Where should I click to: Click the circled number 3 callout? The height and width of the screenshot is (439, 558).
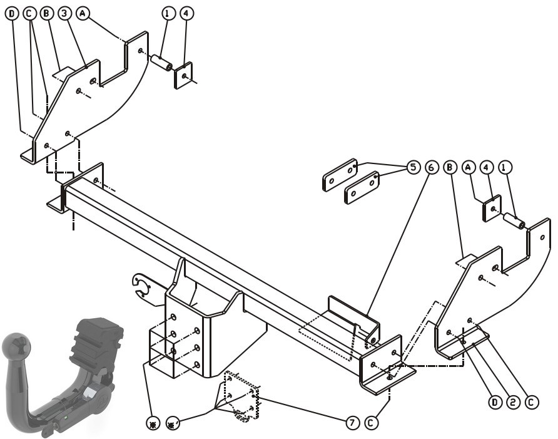point(64,14)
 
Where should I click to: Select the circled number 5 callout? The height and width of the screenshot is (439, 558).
point(413,167)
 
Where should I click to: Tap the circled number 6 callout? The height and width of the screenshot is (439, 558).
point(431,167)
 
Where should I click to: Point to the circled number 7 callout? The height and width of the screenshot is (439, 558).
point(352,423)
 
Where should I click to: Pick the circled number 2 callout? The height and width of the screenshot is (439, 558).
point(513,403)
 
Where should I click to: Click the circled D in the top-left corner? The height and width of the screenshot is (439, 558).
point(12,14)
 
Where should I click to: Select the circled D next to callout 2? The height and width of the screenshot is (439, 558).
point(495,403)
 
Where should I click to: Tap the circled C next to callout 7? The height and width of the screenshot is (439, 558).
point(371,423)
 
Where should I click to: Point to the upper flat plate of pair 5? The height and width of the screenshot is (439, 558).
point(340,175)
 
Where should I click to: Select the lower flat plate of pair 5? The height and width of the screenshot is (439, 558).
point(362,188)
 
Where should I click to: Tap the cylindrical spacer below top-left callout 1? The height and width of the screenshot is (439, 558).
point(161,63)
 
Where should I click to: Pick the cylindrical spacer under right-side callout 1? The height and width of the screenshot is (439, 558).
point(513,221)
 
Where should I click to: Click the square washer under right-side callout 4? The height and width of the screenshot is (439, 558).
point(492,208)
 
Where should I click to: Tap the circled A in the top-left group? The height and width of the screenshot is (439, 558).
point(83,14)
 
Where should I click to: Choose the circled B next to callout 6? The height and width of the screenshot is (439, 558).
point(450,167)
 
